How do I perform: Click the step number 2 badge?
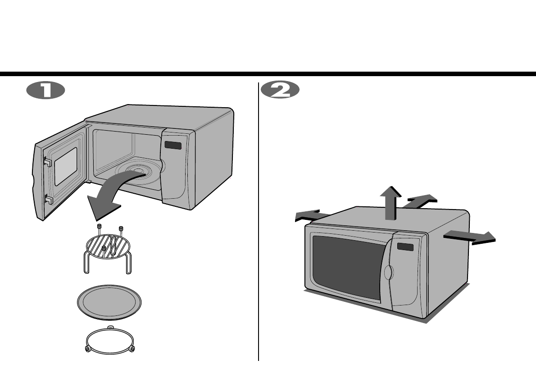tap(280, 90)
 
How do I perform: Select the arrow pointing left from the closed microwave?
tap(308, 215)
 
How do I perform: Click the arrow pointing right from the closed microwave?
tap(471, 236)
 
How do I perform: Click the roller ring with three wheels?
tap(109, 340)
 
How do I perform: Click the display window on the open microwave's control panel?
tap(173, 146)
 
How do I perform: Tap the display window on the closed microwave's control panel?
tap(405, 246)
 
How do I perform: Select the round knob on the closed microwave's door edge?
tap(389, 273)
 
